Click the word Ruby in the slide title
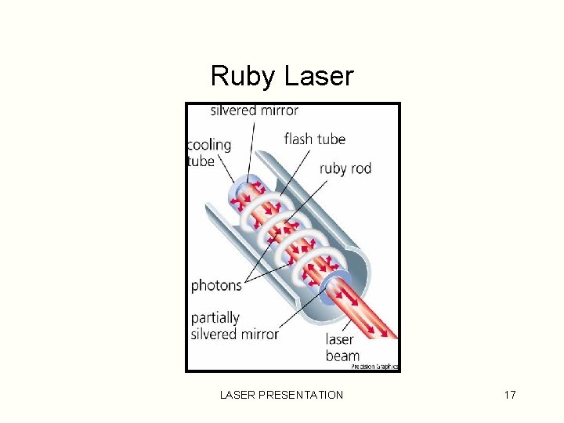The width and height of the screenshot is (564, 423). (244, 77)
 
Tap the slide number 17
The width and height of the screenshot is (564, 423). (509, 395)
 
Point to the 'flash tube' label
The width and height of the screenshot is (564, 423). (314, 139)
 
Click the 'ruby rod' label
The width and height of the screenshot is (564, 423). (345, 168)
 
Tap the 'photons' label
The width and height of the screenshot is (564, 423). (216, 285)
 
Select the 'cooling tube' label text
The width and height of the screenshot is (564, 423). (209, 153)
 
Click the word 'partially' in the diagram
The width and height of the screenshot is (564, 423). (215, 318)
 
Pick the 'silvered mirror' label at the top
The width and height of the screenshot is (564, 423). (254, 110)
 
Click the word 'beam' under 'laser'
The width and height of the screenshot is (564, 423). (342, 356)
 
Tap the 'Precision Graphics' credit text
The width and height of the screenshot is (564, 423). (374, 367)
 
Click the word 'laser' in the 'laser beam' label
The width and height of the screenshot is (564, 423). (340, 340)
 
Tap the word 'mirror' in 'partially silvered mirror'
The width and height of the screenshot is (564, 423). (259, 334)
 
